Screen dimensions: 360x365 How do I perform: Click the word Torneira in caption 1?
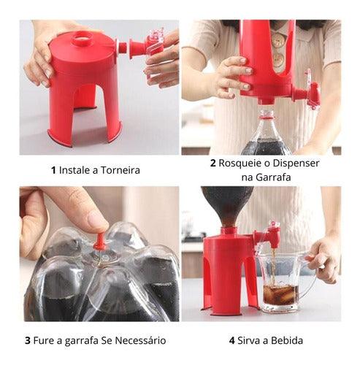pyautogui.click(x=120, y=170)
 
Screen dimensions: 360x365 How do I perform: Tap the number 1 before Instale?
pyautogui.click(x=53, y=170)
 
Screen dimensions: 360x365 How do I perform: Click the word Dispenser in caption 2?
pyautogui.click(x=296, y=163)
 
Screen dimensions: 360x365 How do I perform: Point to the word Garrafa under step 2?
pyautogui.click(x=273, y=177)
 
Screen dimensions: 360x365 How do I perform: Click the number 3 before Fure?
pyautogui.click(x=28, y=340)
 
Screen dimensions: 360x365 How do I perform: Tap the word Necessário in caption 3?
pyautogui.click(x=140, y=340)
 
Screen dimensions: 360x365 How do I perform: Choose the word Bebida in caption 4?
pyautogui.click(x=287, y=340)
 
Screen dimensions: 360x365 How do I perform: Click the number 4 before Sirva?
pyautogui.click(x=232, y=340)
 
